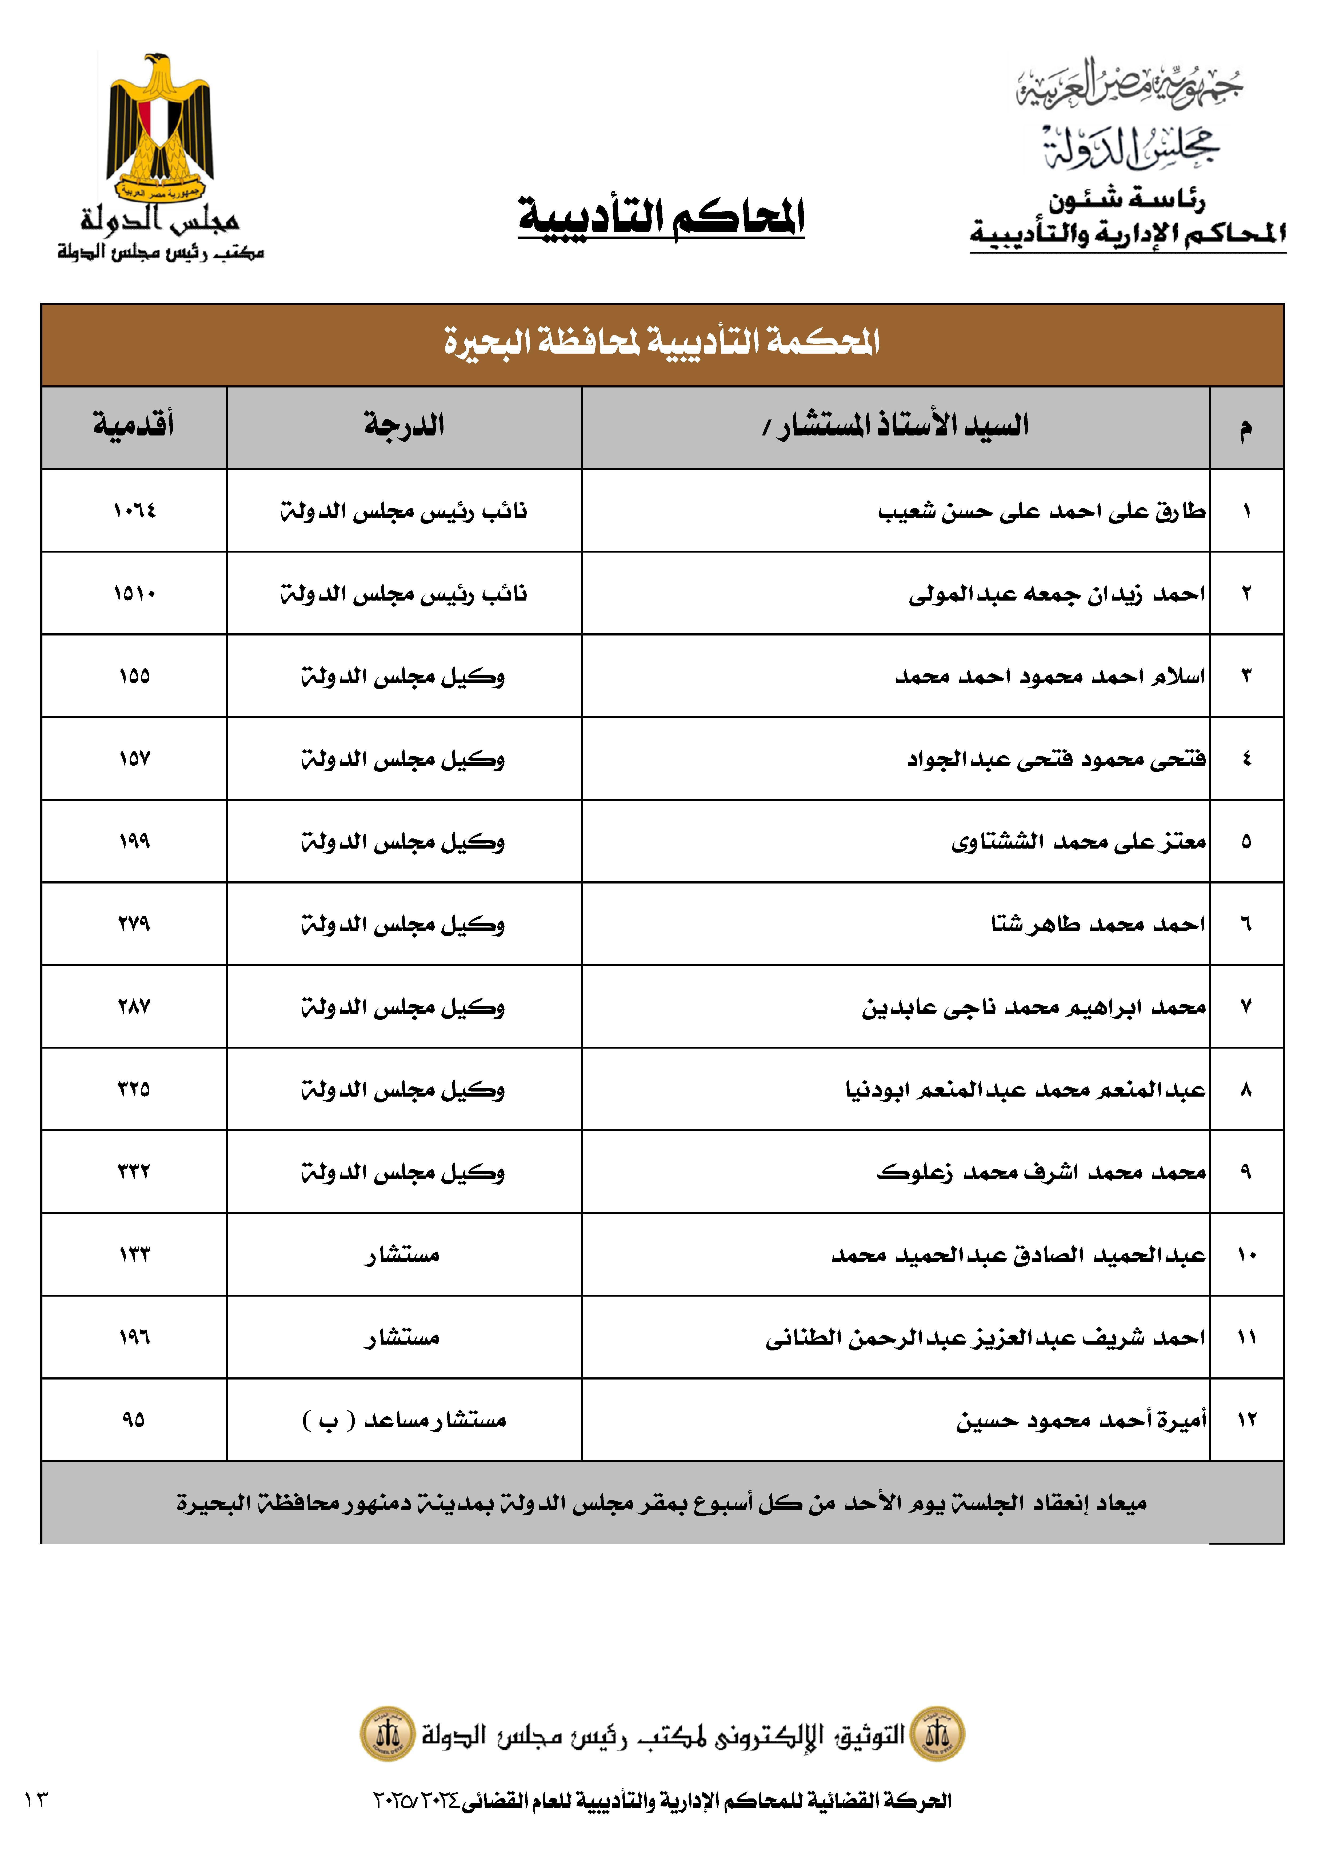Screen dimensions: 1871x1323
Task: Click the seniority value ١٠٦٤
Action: click(x=134, y=511)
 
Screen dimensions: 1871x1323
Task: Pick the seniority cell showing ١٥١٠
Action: click(x=134, y=593)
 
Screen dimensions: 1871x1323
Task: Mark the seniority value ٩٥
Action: click(x=134, y=1420)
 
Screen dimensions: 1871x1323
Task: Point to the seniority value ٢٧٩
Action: click(x=134, y=924)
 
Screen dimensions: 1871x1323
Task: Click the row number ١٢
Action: click(x=1246, y=1420)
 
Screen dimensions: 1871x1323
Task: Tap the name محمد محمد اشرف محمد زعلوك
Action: click(x=1041, y=1173)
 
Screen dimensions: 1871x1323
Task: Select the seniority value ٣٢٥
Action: click(x=134, y=1090)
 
